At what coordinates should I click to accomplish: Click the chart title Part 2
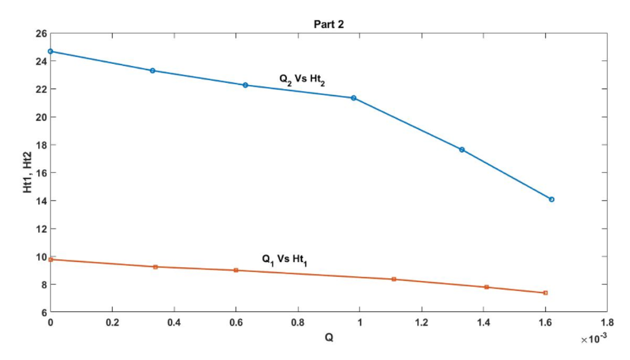(329, 24)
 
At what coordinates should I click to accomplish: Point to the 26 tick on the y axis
(40, 33)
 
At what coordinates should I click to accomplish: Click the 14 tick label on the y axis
(40, 201)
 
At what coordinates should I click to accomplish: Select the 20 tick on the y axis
(40, 117)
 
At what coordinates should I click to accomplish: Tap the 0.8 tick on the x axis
(298, 322)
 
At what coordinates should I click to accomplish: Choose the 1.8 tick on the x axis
(607, 322)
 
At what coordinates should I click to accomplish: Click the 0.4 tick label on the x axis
(174, 322)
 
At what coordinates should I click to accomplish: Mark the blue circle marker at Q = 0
(51, 51)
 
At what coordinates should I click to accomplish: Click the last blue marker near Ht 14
(551, 199)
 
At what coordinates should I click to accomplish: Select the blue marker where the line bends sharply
(354, 98)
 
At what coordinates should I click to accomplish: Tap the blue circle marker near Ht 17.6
(462, 150)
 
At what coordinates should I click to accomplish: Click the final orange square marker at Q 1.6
(545, 293)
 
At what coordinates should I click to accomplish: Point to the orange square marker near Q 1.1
(394, 279)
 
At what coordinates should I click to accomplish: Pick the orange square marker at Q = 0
(51, 260)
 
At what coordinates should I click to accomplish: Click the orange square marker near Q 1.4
(487, 287)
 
